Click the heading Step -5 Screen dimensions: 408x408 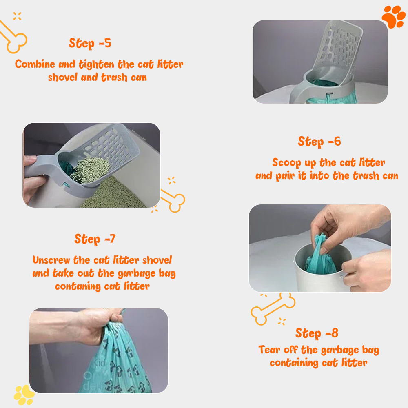pos(90,43)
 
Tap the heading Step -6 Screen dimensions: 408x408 pos(319,142)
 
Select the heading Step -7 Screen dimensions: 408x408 pos(95,239)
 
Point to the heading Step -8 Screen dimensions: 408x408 pos(317,333)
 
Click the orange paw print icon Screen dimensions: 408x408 pos(393,16)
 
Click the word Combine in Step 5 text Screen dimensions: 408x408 pos(35,64)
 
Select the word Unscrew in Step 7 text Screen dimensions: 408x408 pos(51,260)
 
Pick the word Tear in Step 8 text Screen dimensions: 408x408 pos(269,350)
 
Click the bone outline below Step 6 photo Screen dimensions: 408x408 pos(273,308)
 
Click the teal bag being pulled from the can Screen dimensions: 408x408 pos(320,256)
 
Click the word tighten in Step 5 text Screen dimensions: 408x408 pos(97,64)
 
